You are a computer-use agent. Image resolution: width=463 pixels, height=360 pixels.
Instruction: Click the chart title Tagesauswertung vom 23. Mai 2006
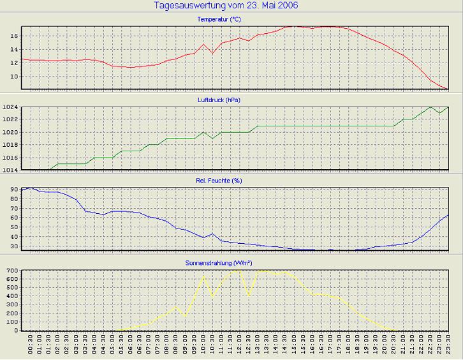(226, 6)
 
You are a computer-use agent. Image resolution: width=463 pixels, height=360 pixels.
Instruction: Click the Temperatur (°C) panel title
(219, 20)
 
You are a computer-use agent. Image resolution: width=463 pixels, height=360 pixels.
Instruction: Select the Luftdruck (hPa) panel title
(219, 100)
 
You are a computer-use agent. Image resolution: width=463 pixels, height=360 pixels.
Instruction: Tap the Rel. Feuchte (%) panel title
(219, 181)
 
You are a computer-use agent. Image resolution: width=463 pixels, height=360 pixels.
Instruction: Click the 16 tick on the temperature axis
(15, 36)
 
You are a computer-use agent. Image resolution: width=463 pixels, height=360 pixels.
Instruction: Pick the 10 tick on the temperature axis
(15, 77)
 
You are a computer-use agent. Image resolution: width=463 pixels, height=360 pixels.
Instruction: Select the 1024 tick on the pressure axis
(11, 107)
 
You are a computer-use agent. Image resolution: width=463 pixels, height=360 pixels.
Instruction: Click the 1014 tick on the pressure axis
(11, 170)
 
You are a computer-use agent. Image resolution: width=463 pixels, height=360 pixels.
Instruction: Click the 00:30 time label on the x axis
(31, 345)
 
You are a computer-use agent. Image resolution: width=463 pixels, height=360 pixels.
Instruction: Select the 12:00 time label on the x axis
(239, 345)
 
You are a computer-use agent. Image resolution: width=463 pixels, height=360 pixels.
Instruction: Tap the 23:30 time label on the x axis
(448, 345)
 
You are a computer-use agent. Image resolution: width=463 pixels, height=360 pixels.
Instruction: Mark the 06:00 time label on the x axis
(130, 345)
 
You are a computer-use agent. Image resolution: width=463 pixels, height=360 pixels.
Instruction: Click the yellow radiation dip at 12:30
(249, 296)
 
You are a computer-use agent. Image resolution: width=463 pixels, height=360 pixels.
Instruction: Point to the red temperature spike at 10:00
(203, 44)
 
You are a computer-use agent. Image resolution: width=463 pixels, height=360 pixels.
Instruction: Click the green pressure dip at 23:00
(439, 113)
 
